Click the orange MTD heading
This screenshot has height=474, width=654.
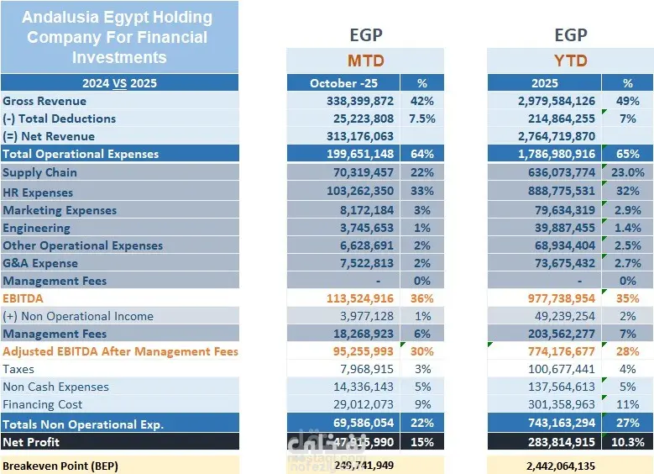tap(365, 61)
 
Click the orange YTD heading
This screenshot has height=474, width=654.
tap(570, 61)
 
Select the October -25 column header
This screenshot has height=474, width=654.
tap(343, 83)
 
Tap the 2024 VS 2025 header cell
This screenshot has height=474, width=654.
tap(119, 83)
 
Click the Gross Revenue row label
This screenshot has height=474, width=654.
tap(44, 101)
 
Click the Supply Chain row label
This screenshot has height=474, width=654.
tap(39, 172)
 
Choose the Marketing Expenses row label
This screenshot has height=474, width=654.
tap(60, 210)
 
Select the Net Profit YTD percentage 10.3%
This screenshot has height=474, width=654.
tap(628, 442)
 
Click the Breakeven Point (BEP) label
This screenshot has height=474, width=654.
tap(61, 465)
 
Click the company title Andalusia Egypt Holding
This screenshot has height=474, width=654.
tap(117, 18)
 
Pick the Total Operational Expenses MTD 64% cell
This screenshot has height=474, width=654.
tap(421, 154)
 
